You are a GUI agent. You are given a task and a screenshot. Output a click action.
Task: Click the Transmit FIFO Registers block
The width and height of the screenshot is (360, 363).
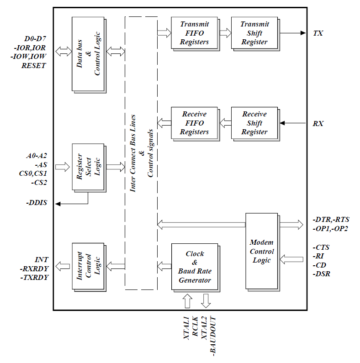194,33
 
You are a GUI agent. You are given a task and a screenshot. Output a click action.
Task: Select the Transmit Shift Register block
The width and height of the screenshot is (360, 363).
254,33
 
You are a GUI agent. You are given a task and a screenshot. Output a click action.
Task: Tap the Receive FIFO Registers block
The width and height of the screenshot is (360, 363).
194,123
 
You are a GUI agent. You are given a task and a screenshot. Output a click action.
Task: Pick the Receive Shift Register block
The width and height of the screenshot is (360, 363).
254,123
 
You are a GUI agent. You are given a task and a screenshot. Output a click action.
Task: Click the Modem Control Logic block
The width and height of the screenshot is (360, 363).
262,251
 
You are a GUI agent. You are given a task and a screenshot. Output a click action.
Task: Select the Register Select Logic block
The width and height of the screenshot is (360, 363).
88,167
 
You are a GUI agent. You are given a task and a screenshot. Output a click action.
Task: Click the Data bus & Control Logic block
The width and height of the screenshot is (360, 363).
88,53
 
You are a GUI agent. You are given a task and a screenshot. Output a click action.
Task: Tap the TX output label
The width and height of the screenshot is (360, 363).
318,33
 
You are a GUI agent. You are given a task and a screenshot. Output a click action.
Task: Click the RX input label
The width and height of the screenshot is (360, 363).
318,123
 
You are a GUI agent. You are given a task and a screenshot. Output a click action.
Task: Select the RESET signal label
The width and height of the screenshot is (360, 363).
34,66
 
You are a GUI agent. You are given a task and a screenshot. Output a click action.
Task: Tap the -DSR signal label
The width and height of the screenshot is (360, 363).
322,274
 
